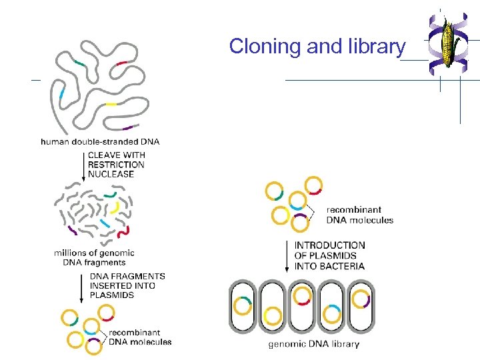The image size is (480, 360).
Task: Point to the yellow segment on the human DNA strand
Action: click(111, 104)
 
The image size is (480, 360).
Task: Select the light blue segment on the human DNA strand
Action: click(62, 94)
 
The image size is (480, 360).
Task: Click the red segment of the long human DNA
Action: click(121, 64)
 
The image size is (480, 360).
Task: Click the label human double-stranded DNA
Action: click(100, 141)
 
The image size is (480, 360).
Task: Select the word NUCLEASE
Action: click(111, 174)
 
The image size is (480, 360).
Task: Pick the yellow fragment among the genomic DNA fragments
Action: click(115, 207)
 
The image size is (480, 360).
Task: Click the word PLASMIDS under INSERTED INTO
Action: click(112, 295)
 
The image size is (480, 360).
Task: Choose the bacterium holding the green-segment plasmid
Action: click(242, 307)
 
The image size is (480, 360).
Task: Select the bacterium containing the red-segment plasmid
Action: click(303, 307)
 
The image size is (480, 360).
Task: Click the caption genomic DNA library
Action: click(313, 344)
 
